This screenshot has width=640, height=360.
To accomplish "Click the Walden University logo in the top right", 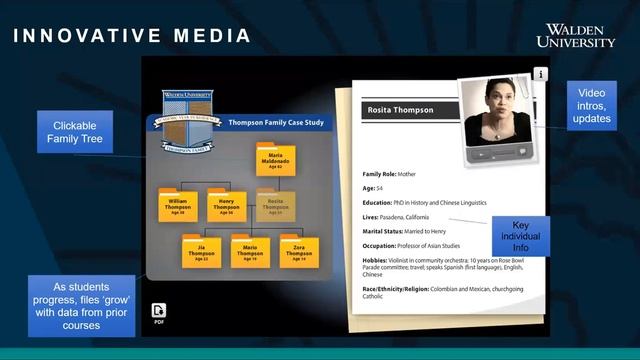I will click(575, 35).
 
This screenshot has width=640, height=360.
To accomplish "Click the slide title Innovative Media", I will click(132, 36).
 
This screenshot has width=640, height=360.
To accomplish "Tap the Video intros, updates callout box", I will click(591, 105).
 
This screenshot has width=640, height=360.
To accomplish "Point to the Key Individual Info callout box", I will click(526, 236).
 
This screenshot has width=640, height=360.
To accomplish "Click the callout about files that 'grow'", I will click(81, 299).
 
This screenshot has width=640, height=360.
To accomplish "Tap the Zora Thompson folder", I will click(298, 252).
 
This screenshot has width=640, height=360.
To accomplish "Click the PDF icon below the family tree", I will click(159, 311).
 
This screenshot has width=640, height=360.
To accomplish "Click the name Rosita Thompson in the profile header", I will click(399, 110).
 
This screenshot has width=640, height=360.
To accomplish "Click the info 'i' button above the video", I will click(540, 74).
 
